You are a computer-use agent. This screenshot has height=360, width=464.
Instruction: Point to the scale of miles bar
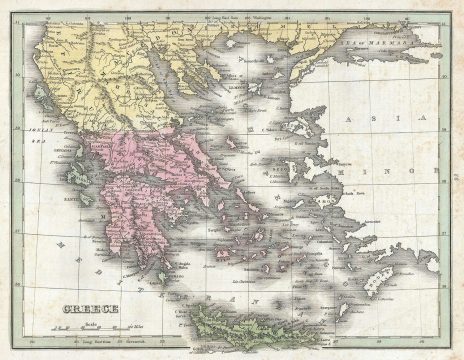(91, 323)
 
